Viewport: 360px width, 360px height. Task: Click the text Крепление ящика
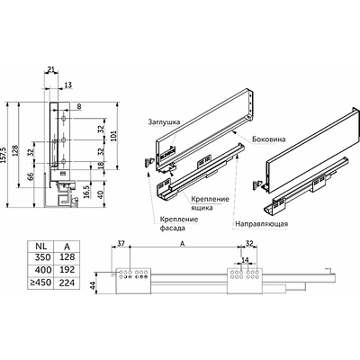click(x=209, y=202)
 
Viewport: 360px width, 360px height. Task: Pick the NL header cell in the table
click(x=40, y=243)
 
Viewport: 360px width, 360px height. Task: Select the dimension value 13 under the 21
click(x=69, y=85)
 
